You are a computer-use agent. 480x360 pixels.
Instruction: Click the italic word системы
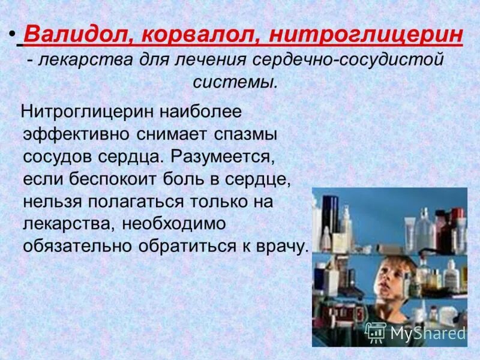[235, 82]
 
